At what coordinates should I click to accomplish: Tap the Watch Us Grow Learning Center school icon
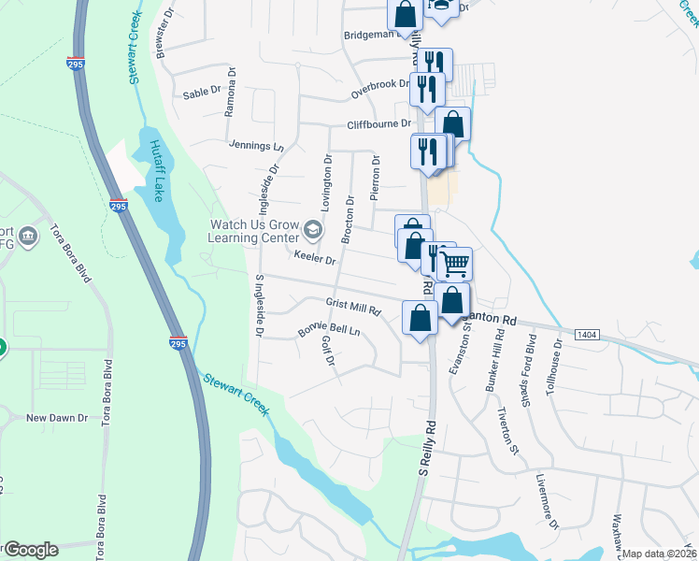313,230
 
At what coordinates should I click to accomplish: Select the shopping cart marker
455,264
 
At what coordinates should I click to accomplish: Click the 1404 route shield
587,334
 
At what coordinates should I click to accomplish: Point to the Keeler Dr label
314,256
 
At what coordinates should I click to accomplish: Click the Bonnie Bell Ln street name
328,330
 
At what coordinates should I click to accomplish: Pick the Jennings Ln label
255,147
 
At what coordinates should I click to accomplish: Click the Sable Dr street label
201,93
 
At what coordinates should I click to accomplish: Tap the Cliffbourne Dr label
378,123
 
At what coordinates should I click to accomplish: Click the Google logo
30,550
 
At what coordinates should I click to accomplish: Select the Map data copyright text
660,554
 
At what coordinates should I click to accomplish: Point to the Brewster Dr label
166,36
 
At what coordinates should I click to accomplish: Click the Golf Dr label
328,352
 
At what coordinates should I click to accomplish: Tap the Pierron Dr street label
376,179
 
